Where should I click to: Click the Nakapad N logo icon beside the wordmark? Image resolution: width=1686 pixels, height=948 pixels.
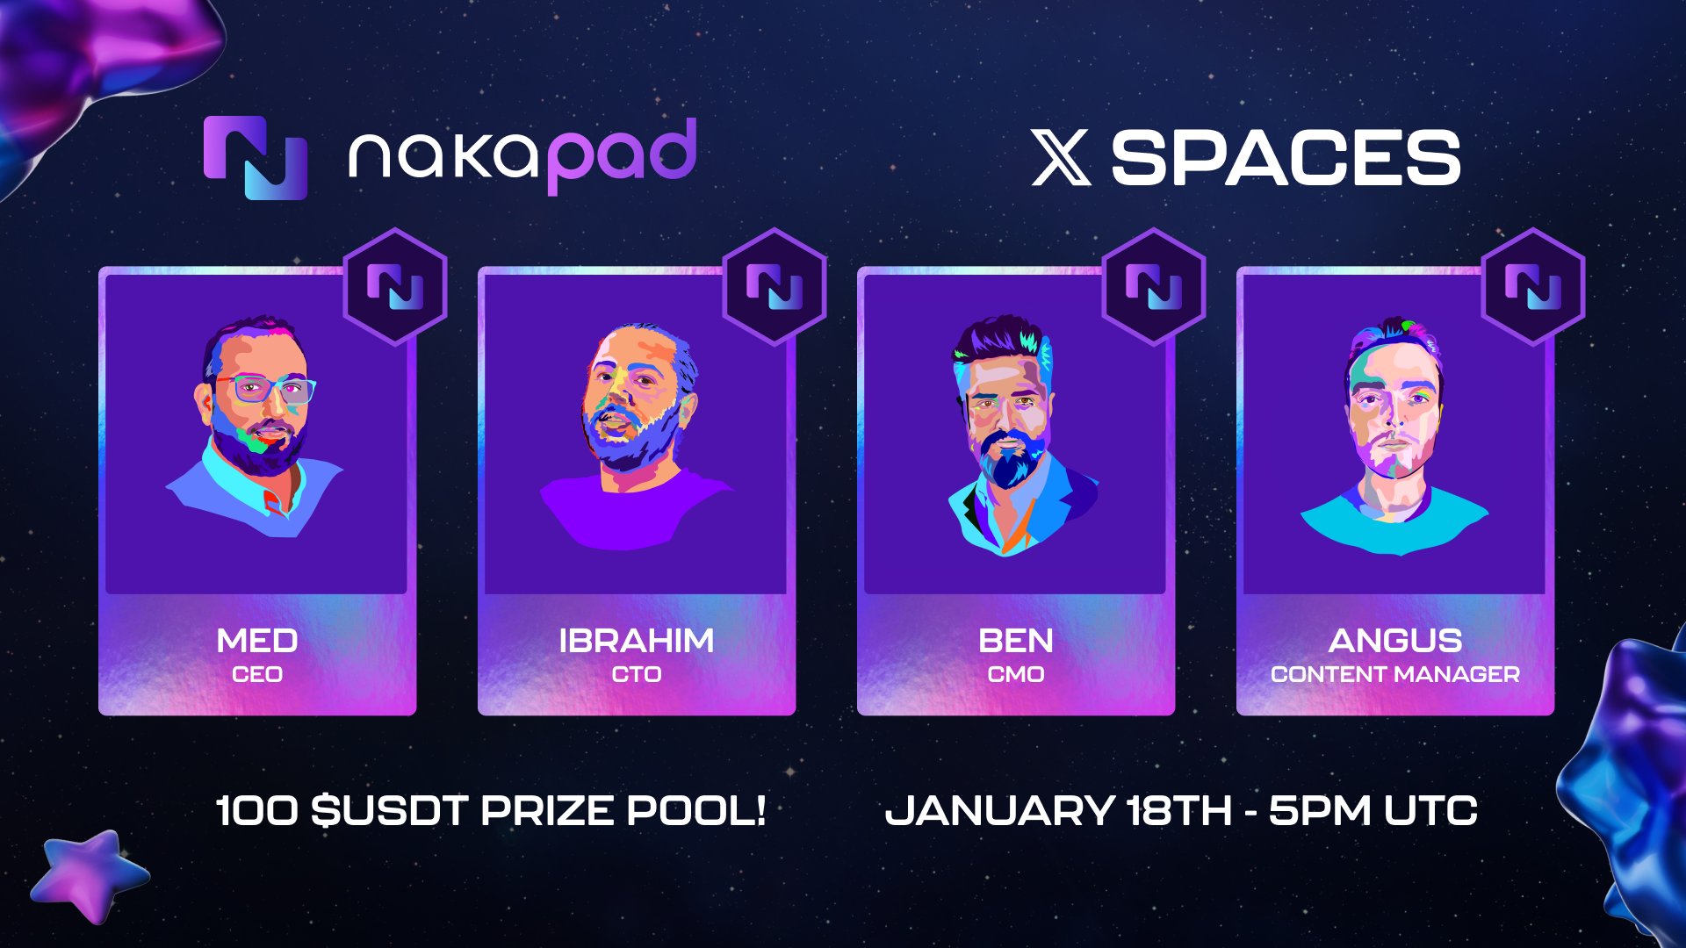(256, 158)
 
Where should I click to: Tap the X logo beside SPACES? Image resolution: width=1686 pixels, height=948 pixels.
(1061, 158)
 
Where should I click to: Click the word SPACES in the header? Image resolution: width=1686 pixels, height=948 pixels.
(1286, 158)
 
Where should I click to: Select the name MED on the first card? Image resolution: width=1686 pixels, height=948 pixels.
(257, 641)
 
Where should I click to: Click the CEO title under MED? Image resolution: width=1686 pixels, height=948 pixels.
(257, 674)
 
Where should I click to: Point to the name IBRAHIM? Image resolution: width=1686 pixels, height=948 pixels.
(637, 641)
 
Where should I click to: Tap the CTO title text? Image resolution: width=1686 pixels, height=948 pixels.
(637, 674)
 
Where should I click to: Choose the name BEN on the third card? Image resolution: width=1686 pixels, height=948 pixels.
(1016, 641)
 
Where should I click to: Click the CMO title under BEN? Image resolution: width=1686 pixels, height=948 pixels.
(1016, 674)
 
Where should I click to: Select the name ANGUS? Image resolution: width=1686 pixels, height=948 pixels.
(1395, 641)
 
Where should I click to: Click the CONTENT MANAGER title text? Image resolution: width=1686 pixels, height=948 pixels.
(1395, 674)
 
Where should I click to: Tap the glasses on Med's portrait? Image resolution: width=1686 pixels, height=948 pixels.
(263, 389)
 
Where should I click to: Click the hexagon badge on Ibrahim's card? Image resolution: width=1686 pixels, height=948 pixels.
(775, 286)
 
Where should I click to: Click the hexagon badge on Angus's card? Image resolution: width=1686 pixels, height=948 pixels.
(1533, 286)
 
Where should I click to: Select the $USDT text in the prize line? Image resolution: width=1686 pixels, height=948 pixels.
(389, 810)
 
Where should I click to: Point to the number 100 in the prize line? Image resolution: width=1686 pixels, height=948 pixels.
(256, 810)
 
